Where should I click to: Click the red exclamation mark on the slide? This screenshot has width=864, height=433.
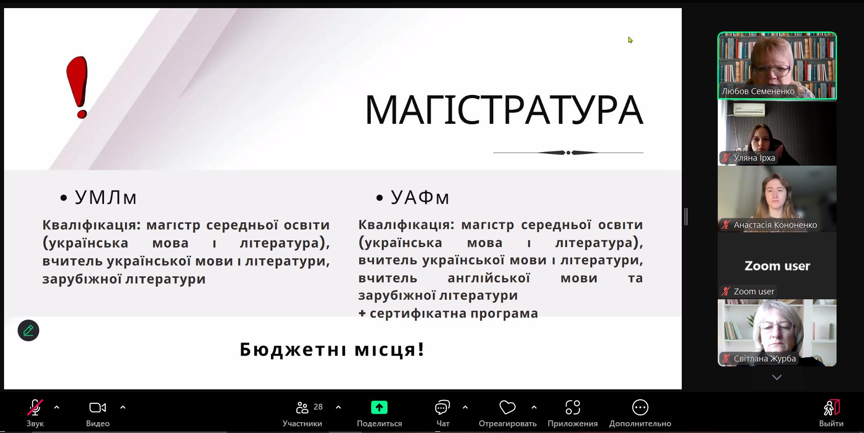coord(77,87)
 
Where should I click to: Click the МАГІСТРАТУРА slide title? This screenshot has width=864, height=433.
coord(504,110)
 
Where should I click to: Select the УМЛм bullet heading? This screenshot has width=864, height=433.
coord(105,197)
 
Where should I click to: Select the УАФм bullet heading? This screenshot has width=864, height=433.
coord(420,197)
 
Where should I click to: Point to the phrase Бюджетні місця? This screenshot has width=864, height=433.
coord(332,349)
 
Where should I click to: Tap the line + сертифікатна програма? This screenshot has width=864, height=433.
coord(448,313)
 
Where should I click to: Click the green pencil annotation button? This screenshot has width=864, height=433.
coord(28,330)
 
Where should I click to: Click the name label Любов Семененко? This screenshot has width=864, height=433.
coord(758,91)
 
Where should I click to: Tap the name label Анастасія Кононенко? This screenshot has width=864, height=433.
coord(775,225)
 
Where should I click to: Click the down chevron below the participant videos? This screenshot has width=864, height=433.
coord(777,377)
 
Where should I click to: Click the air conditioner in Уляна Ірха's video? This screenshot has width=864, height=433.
coord(749,109)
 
